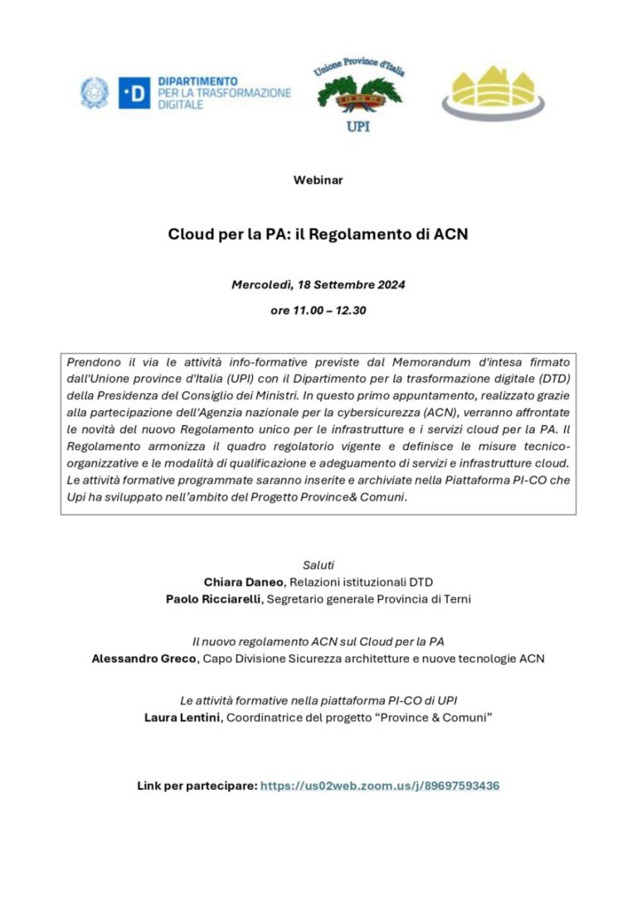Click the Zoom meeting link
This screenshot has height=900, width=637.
[380, 786]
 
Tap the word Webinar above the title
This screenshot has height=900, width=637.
[318, 180]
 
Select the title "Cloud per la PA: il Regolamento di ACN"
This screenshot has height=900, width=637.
[318, 234]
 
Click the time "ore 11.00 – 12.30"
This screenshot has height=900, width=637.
[318, 312]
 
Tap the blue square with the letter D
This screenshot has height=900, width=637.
[134, 94]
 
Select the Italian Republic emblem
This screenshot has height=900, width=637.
[94, 93]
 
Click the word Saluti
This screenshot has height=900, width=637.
[318, 564]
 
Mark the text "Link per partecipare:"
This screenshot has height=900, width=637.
[197, 786]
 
